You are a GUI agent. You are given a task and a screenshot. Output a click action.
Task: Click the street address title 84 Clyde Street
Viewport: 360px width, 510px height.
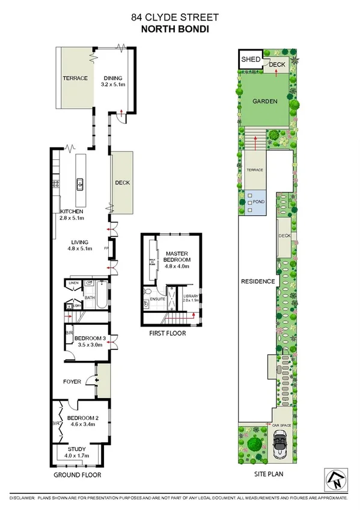click(180, 19)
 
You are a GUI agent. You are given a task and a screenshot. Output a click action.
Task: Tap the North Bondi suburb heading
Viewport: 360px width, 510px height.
click(180, 28)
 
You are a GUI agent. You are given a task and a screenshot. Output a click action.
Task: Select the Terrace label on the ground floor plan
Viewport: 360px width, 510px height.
click(76, 78)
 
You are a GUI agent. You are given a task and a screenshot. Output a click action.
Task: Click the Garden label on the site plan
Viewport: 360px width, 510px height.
click(264, 102)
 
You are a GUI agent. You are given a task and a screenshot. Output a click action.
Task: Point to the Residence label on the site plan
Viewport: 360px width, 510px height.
click(258, 281)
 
